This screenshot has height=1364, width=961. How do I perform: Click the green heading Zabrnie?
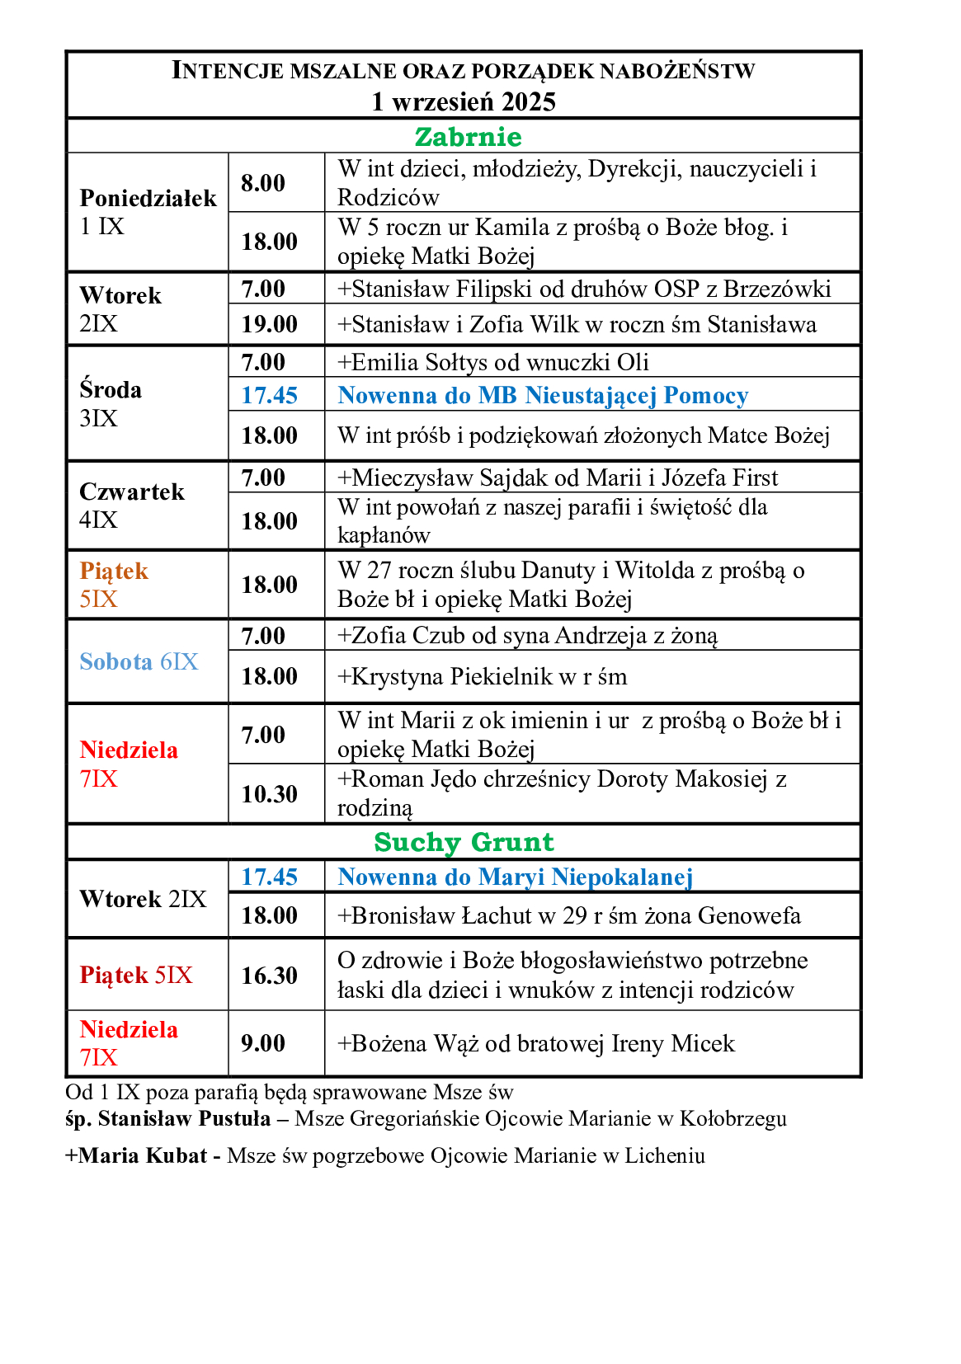(468, 137)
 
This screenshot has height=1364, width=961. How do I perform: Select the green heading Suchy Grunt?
(464, 842)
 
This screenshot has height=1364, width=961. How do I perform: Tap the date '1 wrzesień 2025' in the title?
(464, 101)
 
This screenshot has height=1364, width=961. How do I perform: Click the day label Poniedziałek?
(148, 198)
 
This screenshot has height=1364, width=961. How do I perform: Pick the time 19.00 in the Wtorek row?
(269, 324)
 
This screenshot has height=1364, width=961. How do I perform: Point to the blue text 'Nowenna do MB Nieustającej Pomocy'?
(543, 396)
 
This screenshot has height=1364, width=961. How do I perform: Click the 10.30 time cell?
(269, 794)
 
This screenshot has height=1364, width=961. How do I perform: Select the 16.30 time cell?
(269, 976)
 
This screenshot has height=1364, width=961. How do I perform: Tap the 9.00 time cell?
(263, 1043)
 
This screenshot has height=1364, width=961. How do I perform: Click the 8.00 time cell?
(263, 183)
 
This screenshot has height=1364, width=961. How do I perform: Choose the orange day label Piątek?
(114, 571)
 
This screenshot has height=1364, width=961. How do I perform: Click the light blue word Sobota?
(116, 661)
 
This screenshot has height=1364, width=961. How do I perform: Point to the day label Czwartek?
(132, 492)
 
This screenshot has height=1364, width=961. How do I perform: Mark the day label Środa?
(111, 389)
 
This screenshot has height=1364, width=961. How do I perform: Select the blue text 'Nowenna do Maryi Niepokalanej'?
(515, 877)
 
